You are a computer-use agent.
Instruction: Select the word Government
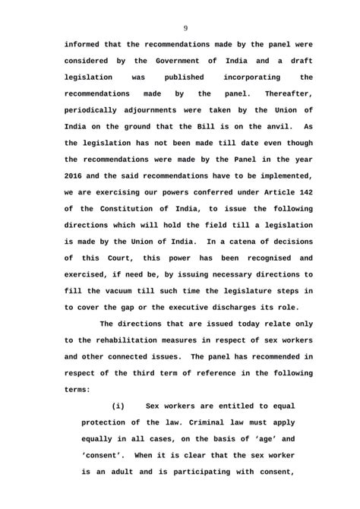coord(177,61)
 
